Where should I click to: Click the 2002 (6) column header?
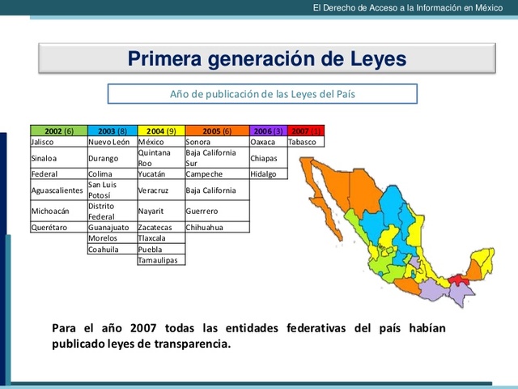58,130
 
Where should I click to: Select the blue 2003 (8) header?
112,130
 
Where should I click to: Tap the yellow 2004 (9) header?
161,130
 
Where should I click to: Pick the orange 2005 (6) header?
216,130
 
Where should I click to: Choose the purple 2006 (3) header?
268,130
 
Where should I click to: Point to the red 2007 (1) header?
305,130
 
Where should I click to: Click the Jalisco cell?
58,142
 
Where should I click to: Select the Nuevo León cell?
112,142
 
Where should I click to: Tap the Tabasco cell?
305,142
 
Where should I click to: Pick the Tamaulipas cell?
161,260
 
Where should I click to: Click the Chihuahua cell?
216,228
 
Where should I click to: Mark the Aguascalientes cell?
58,190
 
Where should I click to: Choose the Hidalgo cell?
268,173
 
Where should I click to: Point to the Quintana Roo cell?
161,157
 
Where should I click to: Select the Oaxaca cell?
268,142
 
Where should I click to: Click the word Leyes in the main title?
368,59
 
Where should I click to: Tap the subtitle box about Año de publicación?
262,94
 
